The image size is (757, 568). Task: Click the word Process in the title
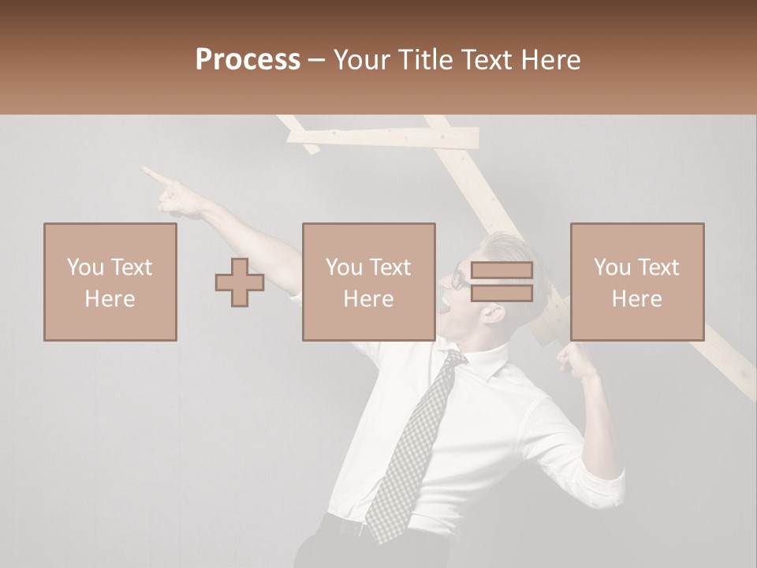(248, 60)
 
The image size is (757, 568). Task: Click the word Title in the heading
(424, 60)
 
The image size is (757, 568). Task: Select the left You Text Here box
(110, 282)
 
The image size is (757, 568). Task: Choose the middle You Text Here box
(368, 282)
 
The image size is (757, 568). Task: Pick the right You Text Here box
(636, 282)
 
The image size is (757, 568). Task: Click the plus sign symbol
(240, 282)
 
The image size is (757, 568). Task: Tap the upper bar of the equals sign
(502, 271)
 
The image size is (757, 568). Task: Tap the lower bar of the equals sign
(502, 293)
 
